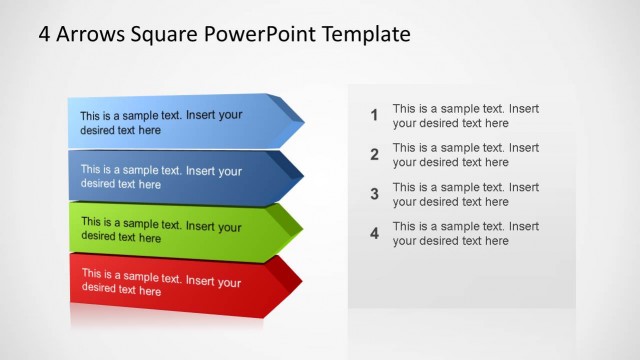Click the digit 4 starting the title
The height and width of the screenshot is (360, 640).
coord(44,34)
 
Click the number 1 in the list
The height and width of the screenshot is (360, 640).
coord(374,116)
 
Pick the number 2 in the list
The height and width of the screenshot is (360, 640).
coord(374,155)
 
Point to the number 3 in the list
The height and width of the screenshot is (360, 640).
coord(374,194)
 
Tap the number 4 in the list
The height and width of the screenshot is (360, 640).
coord(374,233)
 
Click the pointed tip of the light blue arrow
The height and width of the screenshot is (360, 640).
coord(303,122)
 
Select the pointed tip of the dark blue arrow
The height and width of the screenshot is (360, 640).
coord(303,176)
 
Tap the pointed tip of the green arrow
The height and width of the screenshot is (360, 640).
coord(302,229)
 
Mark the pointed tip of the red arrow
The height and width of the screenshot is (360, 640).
coord(302,282)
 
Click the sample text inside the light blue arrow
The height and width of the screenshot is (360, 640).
coord(161,122)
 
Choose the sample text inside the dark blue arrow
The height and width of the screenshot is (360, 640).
coord(161,177)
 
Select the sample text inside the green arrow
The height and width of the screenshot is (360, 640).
coord(161,230)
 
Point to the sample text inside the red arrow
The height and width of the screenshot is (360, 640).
coord(161,282)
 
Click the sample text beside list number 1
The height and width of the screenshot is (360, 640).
coord(465,116)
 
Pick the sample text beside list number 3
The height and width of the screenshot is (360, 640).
coord(465,194)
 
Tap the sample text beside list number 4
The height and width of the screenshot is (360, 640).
coord(465,233)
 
